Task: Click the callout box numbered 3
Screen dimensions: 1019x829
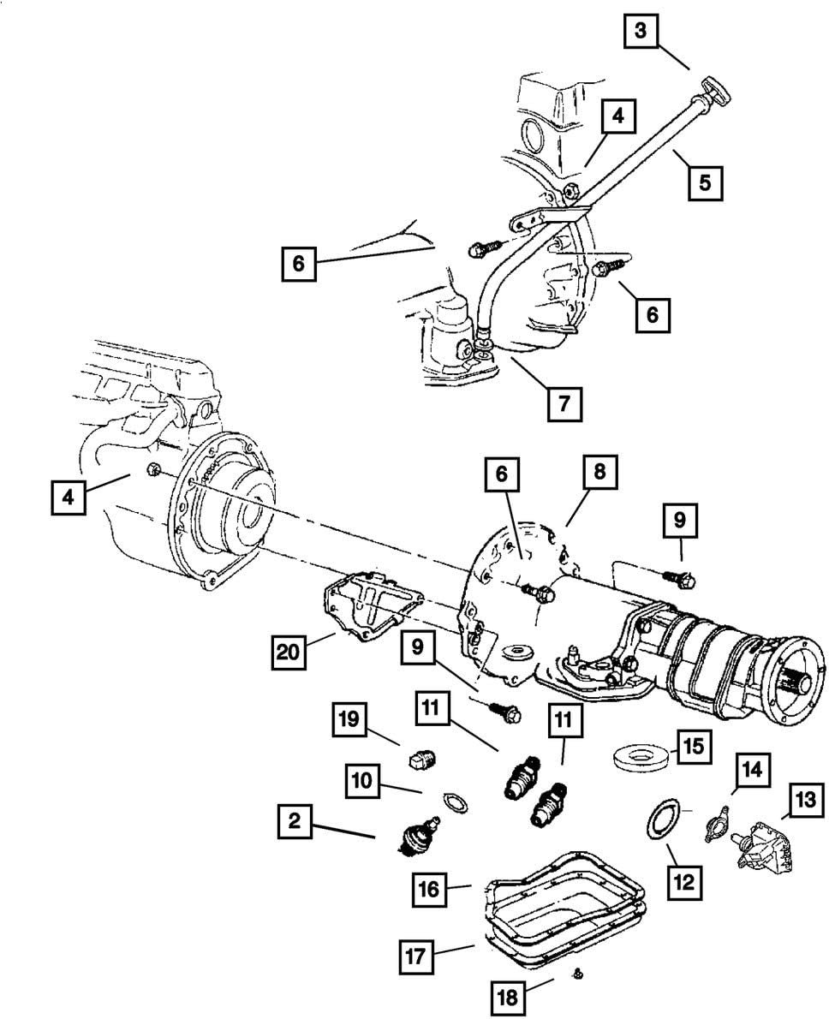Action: click(x=640, y=35)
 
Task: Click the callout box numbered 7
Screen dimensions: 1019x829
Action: click(x=564, y=402)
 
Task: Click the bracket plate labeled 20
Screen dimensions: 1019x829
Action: click(x=364, y=604)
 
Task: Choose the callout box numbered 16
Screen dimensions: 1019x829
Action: click(x=429, y=889)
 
